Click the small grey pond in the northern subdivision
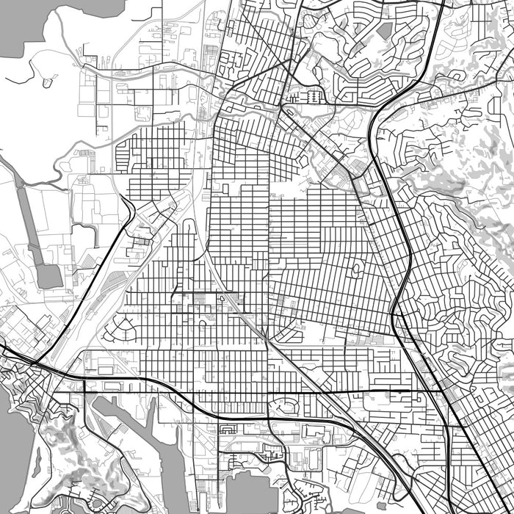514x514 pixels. point(384,30)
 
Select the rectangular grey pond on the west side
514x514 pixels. point(48,275)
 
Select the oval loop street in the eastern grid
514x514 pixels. point(356,269)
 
